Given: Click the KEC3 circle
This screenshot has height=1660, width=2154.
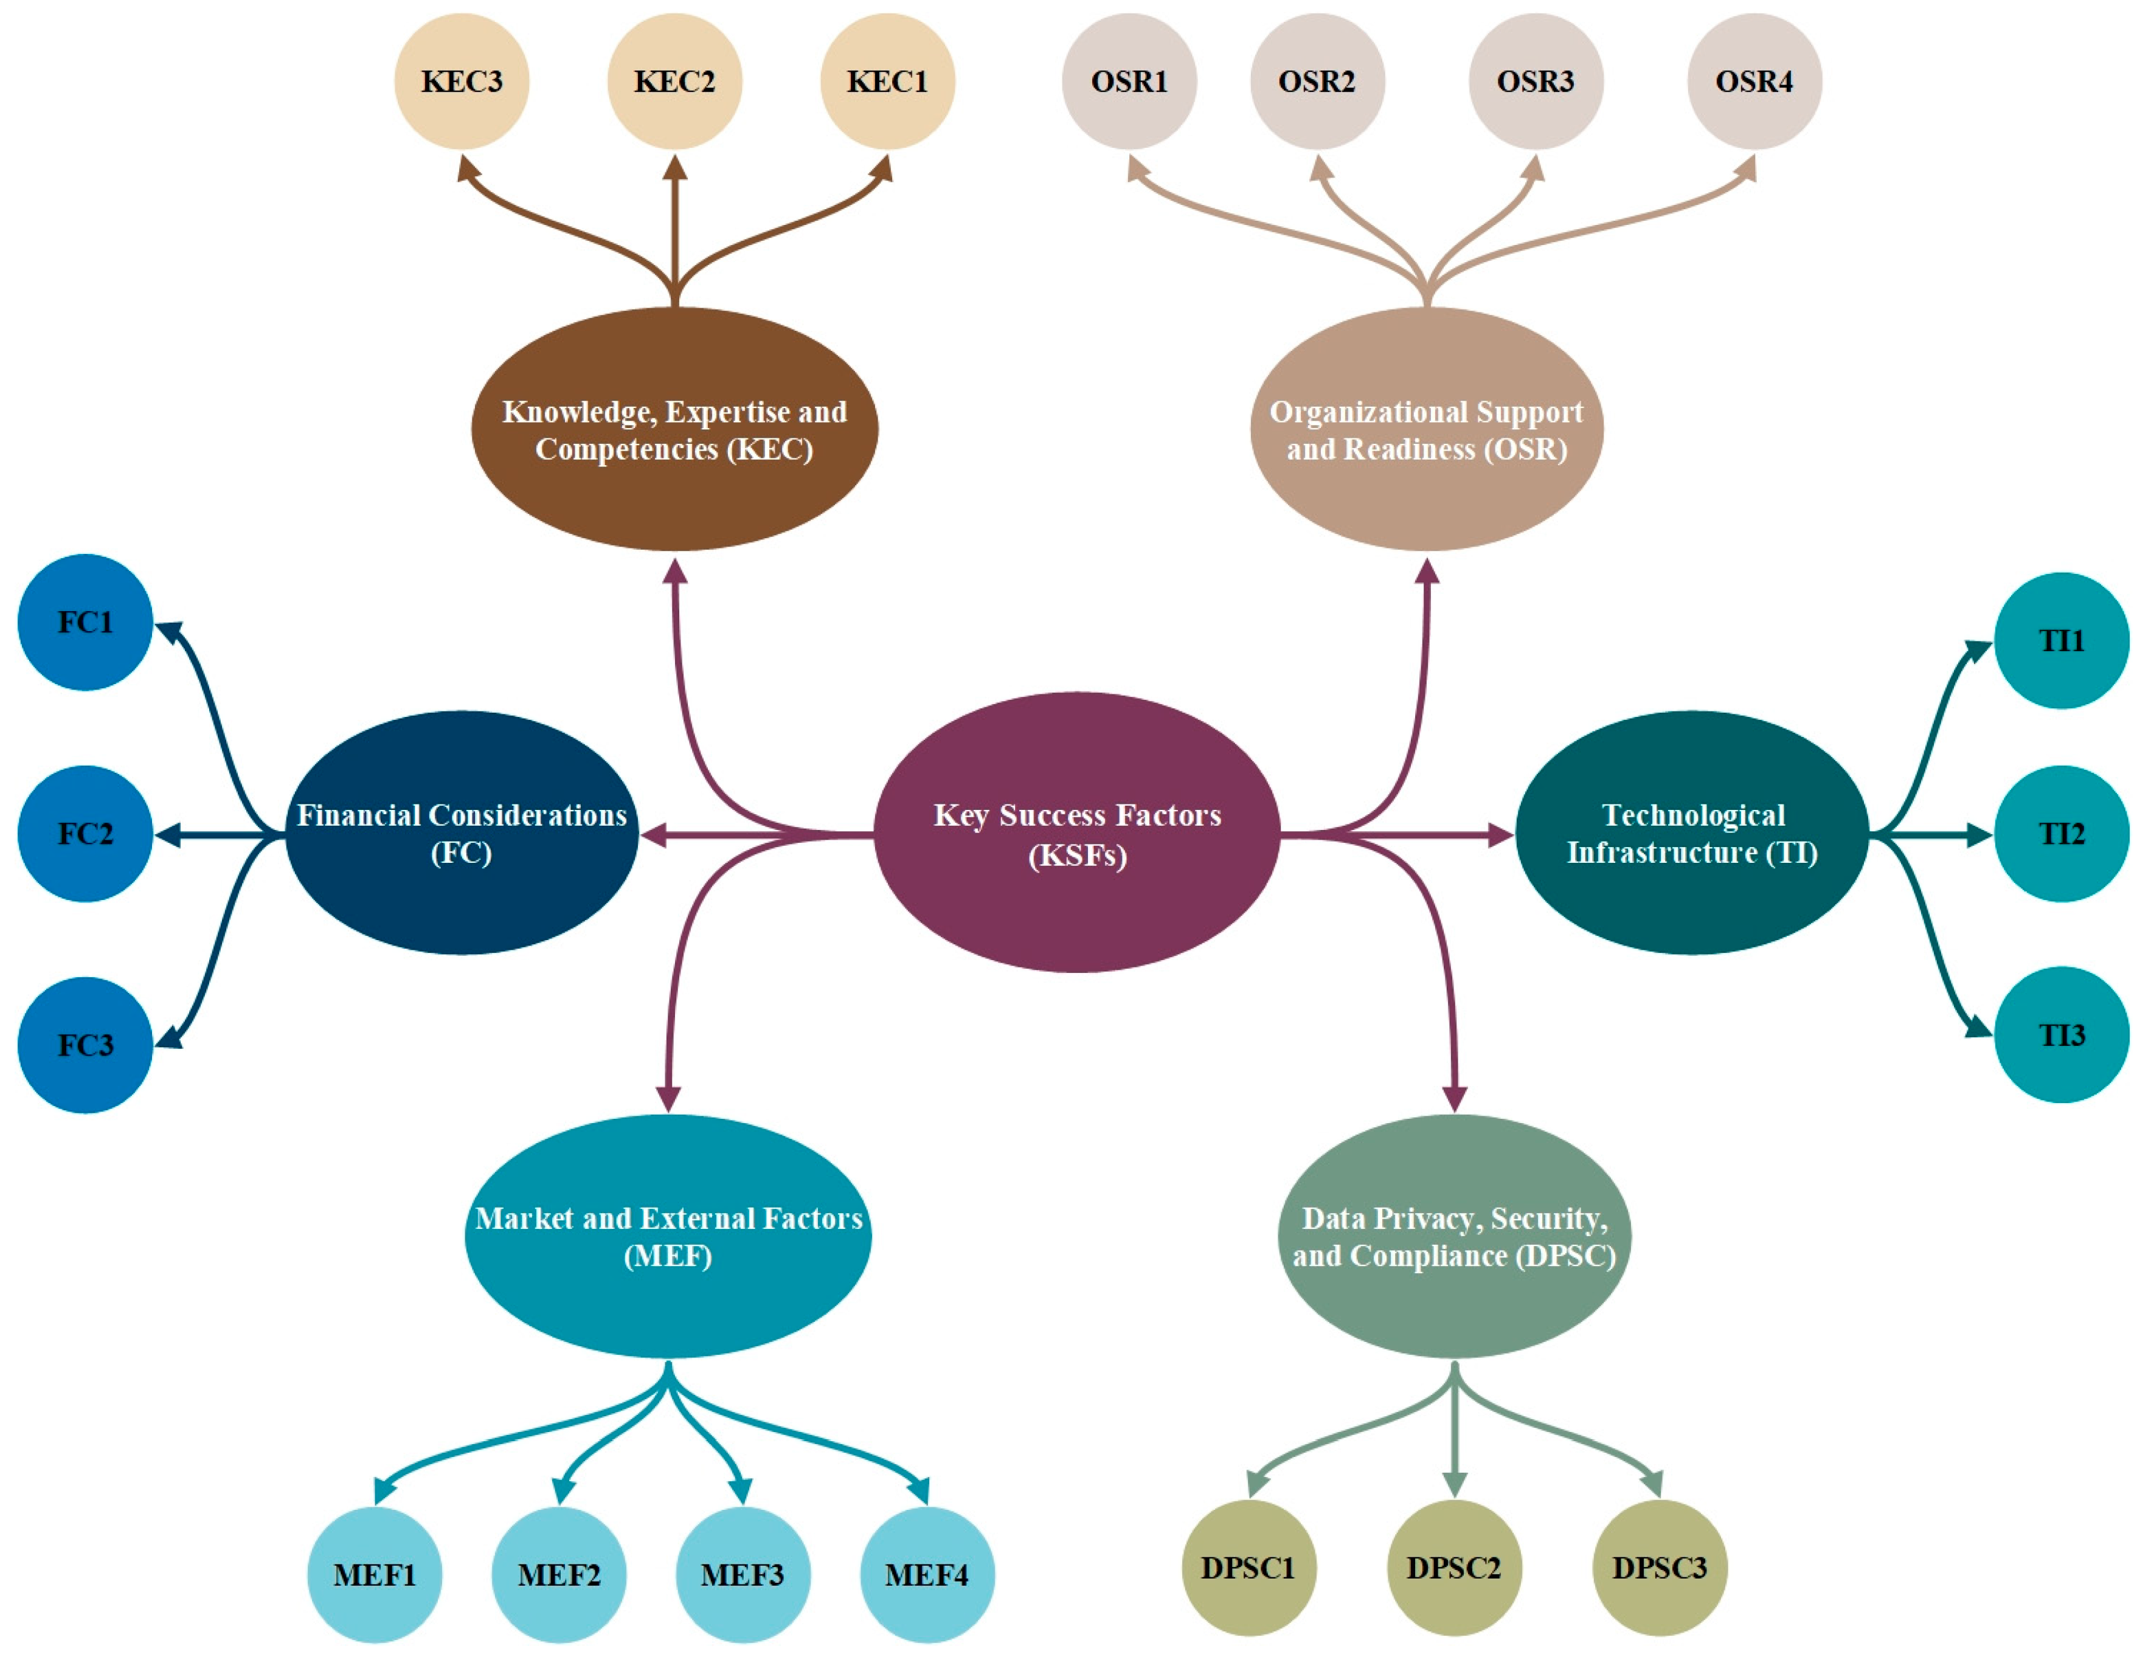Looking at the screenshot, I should click(462, 81).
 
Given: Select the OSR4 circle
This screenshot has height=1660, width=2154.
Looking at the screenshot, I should click(1754, 81).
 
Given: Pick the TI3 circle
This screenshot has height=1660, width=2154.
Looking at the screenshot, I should click(2062, 1035).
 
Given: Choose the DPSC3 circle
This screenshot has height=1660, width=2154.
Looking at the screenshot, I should click(1660, 1568).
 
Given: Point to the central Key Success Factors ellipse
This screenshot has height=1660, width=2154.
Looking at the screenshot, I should click(1077, 834).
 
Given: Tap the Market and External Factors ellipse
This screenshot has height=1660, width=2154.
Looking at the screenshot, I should click(668, 1236).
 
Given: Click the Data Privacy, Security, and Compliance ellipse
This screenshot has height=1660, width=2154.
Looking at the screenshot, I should click(1454, 1236).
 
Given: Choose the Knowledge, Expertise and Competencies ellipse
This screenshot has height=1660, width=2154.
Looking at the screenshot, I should click(674, 429).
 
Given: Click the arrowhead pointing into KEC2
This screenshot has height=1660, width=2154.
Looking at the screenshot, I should click(674, 168).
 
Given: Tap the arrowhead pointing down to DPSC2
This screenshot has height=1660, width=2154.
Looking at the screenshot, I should click(1454, 1484).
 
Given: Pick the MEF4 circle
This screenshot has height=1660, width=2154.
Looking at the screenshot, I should click(927, 1574).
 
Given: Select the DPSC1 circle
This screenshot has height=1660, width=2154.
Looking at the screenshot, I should click(1248, 1568).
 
